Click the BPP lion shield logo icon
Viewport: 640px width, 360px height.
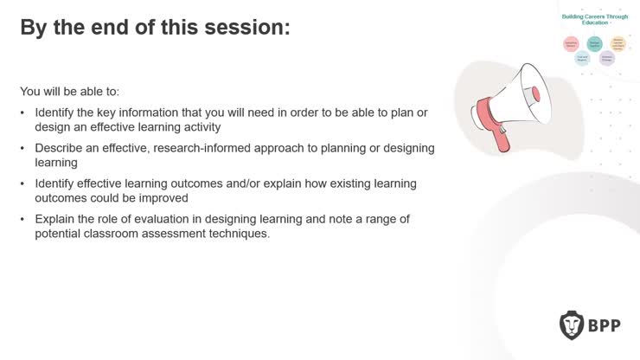pos(573,325)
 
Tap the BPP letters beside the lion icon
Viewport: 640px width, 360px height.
pos(608,325)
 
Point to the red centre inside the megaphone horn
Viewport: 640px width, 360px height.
pos(536,93)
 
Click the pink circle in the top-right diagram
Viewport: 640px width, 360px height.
pos(571,43)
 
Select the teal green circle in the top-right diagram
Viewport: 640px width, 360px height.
pos(594,43)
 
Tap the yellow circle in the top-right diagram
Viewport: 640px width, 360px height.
pos(618,43)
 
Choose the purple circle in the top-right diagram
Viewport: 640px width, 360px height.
pos(607,59)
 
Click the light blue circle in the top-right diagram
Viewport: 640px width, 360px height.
pos(583,59)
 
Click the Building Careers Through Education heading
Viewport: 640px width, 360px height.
pos(594,19)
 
